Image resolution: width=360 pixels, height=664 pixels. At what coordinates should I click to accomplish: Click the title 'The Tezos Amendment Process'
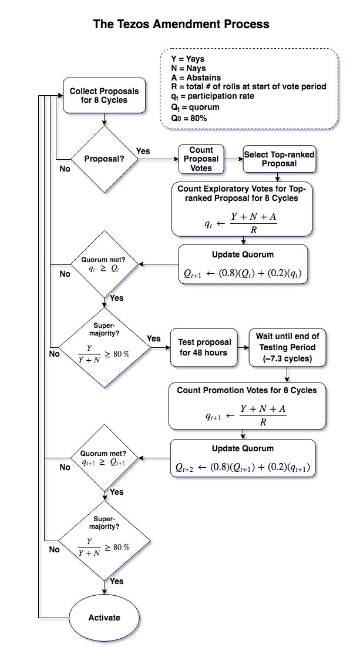(181, 24)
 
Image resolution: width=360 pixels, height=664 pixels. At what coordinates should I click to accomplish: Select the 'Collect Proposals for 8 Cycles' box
(104, 95)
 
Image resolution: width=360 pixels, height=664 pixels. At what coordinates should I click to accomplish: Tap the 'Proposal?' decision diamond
(104, 159)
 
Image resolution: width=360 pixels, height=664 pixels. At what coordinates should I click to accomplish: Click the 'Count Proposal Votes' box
(201, 159)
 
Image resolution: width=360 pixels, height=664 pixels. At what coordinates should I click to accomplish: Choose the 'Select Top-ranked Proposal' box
(279, 159)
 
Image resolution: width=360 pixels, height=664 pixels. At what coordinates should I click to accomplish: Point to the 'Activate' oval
(104, 618)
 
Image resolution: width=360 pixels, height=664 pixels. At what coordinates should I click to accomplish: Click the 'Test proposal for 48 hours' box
(205, 347)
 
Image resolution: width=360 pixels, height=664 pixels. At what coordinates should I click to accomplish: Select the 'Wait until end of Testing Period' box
(287, 347)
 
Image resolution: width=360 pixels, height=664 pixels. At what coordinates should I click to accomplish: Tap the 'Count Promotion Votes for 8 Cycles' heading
(243, 390)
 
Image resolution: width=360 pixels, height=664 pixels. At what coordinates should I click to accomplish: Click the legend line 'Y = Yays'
(188, 59)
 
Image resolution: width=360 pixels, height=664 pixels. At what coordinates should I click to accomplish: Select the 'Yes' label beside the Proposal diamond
(143, 151)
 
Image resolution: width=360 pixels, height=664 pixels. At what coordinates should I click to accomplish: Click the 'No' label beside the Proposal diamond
(65, 169)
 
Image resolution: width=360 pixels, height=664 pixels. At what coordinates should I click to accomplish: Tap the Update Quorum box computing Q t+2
(243, 459)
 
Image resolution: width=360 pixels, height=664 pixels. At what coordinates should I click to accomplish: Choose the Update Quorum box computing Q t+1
(243, 264)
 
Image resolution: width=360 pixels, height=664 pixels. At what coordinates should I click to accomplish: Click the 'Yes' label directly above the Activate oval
(117, 581)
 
